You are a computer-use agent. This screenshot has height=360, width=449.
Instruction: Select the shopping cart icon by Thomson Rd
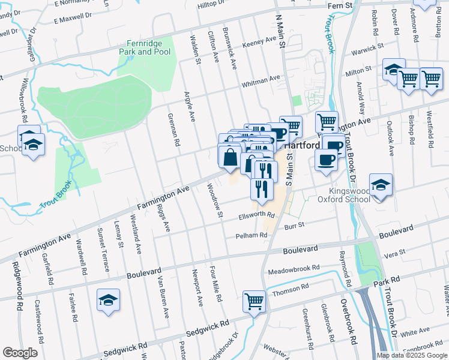coord(254,301)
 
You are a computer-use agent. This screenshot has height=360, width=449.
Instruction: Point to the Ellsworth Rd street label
coord(256,215)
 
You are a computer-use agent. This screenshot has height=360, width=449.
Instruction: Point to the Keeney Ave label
coord(259,45)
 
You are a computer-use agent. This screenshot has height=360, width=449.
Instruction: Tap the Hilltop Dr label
coord(215,5)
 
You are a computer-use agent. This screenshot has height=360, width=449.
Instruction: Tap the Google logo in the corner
coord(20,353)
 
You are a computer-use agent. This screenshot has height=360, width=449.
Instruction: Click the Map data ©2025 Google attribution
coord(412,355)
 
